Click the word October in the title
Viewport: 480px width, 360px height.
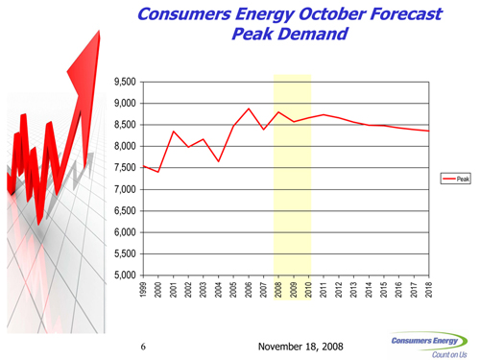click(x=332, y=14)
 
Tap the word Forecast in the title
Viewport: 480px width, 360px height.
click(x=406, y=14)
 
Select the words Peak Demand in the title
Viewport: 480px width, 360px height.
click(x=290, y=34)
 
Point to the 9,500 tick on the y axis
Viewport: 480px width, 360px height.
click(x=125, y=82)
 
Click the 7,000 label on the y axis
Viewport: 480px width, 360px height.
click(x=125, y=189)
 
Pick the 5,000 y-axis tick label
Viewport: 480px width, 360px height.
click(x=125, y=276)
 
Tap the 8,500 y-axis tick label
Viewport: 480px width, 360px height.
click(x=125, y=125)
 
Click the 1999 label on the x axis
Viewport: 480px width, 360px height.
click(x=143, y=290)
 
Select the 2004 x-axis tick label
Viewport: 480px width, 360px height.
click(x=219, y=290)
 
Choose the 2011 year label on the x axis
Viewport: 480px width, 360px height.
click(x=324, y=290)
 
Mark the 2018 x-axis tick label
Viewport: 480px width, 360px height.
click(x=429, y=290)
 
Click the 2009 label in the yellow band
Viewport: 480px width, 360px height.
click(x=294, y=290)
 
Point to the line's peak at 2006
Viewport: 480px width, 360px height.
click(x=249, y=108)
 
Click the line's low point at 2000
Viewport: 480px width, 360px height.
click(x=158, y=172)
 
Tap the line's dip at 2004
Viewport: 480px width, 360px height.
click(x=219, y=161)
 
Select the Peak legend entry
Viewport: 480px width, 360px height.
click(x=456, y=179)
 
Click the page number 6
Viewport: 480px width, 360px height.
click(x=143, y=347)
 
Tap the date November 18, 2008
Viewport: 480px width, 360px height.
click(x=300, y=347)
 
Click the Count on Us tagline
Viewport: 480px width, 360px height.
click(x=449, y=354)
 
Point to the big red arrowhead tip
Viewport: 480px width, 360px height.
click(x=99, y=31)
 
